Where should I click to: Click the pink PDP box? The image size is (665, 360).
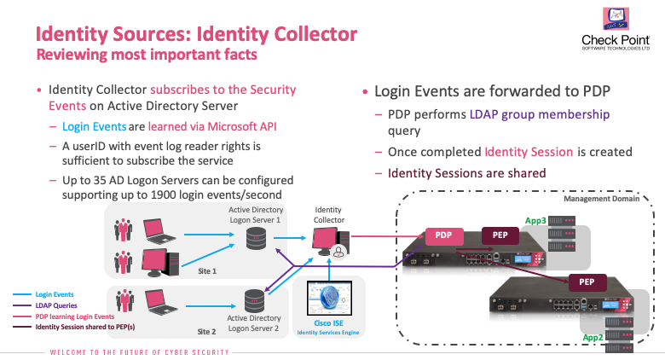pyautogui.click(x=442, y=235)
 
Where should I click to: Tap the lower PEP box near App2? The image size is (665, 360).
pyautogui.click(x=586, y=281)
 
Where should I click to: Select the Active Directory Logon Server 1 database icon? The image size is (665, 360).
pyautogui.click(x=255, y=239)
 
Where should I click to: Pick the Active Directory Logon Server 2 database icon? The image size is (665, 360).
pyautogui.click(x=254, y=300)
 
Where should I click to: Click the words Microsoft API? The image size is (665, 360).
pyautogui.click(x=240, y=127)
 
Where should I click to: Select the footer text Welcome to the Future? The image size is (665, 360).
pyautogui.click(x=142, y=351)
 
